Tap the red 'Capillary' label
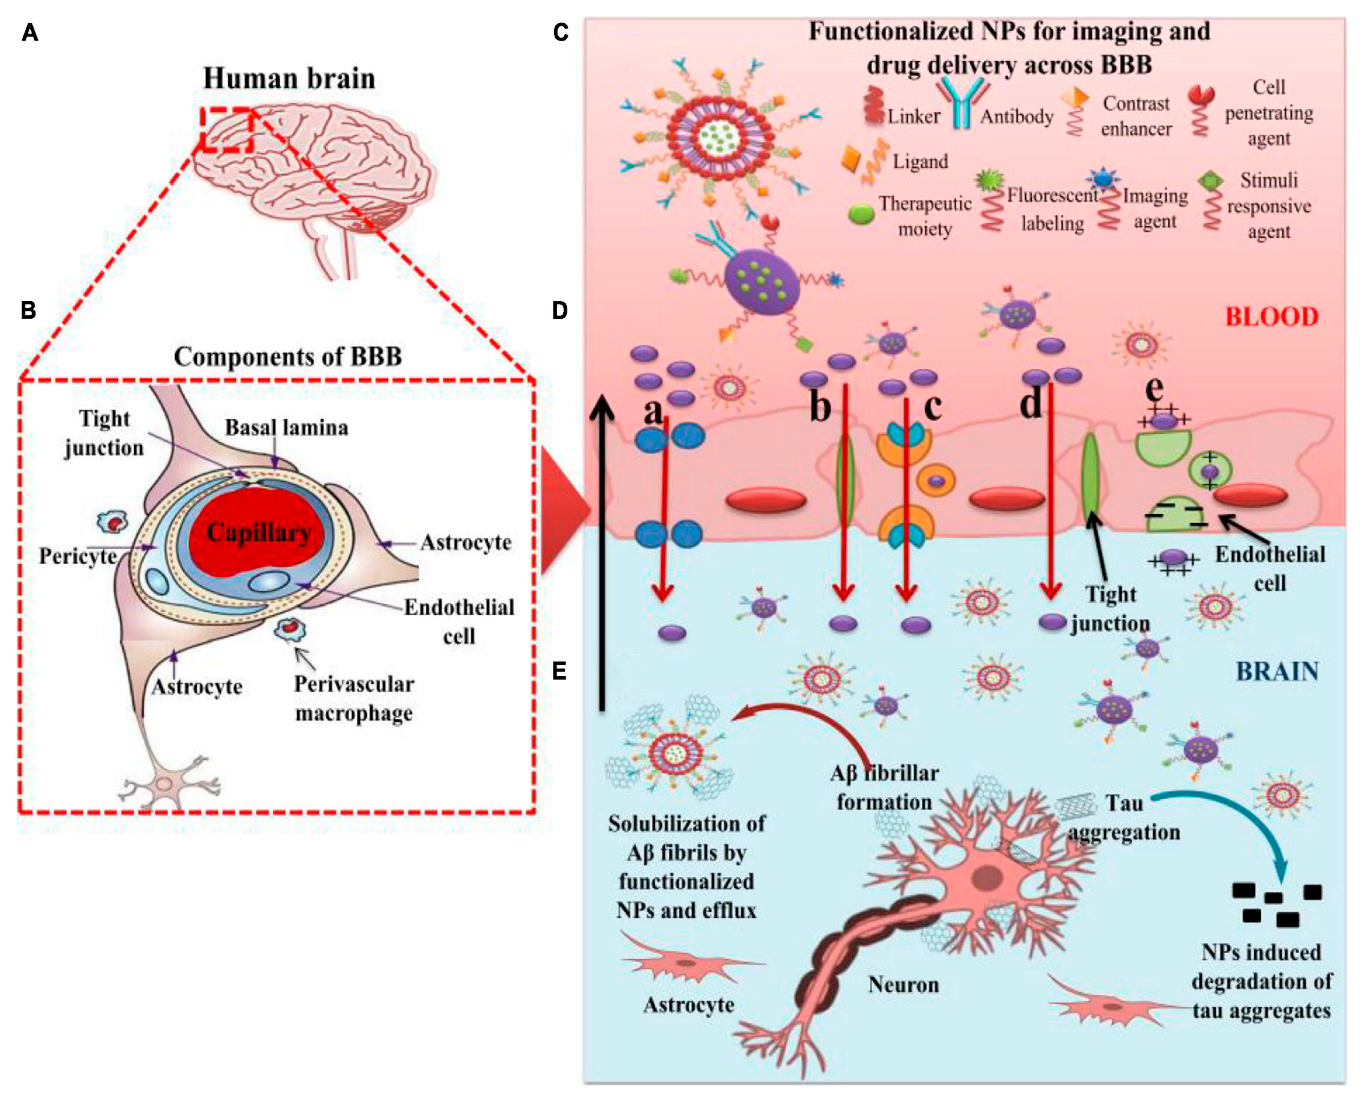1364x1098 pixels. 258,533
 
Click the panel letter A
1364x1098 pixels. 30,32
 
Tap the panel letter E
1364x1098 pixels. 559,671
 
